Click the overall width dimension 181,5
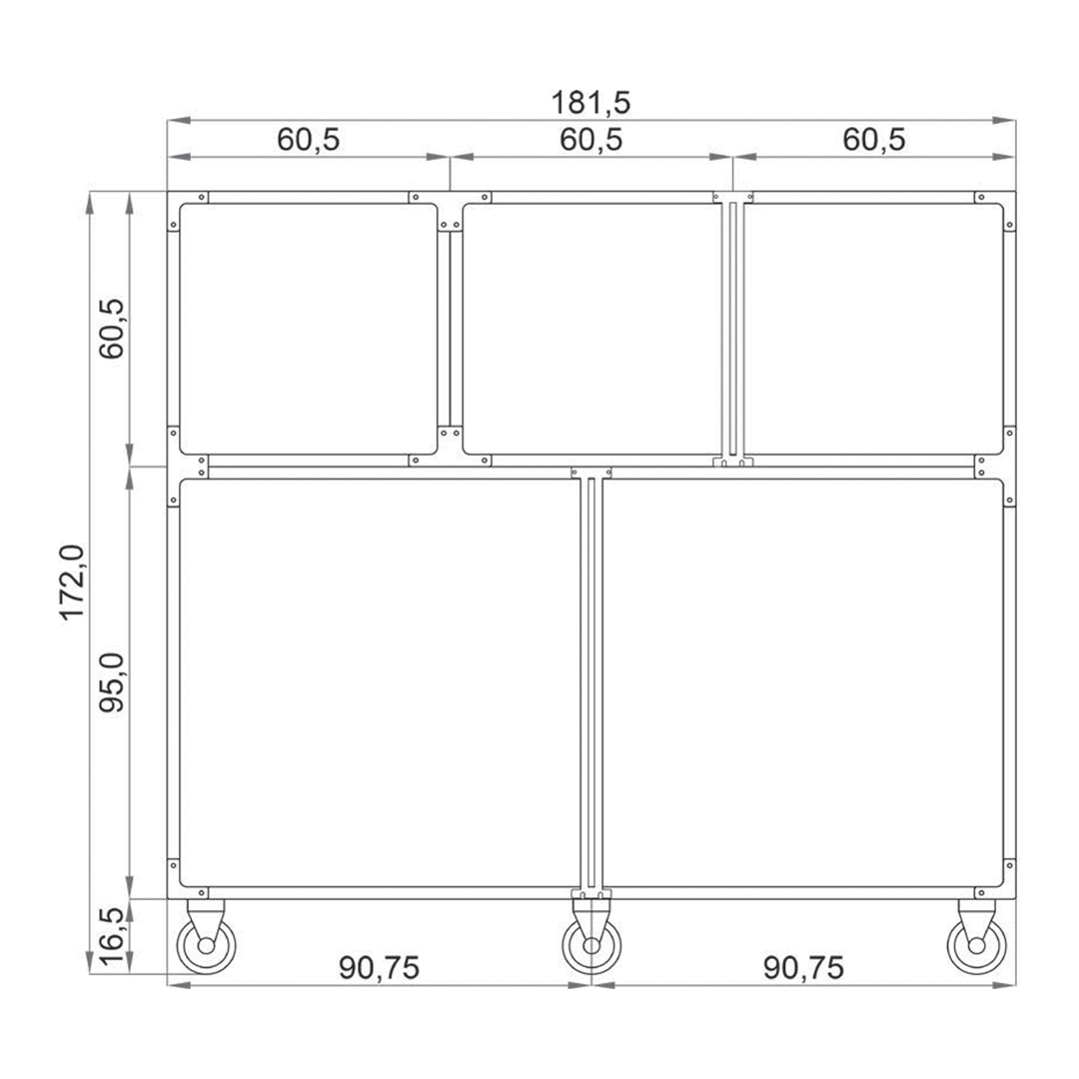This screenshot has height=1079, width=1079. click(590, 103)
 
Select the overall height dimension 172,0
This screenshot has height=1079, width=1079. click(72, 582)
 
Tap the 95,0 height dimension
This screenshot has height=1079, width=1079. click(112, 682)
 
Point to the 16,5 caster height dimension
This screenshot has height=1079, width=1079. click(112, 936)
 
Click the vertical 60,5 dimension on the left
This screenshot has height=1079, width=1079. click(112, 329)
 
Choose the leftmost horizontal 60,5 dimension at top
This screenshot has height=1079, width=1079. click(309, 140)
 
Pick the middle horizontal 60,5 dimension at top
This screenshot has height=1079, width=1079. click(591, 140)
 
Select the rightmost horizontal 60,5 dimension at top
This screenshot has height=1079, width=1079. click(874, 140)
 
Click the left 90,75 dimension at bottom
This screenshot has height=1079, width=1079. click(380, 968)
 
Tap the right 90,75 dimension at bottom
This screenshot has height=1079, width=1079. click(803, 968)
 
